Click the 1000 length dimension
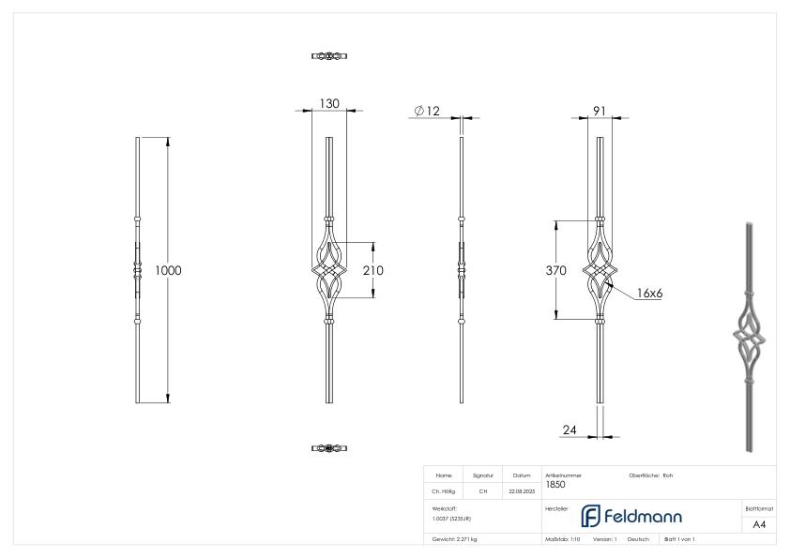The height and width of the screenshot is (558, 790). click(168, 270)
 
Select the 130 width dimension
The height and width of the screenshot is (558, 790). click(328, 104)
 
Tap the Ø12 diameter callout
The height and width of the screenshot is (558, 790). click(427, 112)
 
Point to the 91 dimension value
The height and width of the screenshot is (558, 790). click(599, 111)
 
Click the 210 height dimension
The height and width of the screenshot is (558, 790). click(372, 270)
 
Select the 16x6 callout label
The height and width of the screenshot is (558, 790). click(648, 294)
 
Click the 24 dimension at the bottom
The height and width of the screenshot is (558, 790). click(569, 430)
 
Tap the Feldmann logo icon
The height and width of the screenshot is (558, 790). click(590, 517)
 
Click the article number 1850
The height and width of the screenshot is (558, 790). click(555, 485)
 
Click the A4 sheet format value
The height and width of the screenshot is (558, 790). click(759, 524)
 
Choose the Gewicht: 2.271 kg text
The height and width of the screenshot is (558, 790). click(455, 539)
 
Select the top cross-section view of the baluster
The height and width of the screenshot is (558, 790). click(329, 56)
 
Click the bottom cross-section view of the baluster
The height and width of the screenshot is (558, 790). click(329, 448)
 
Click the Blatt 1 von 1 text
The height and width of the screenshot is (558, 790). click(678, 539)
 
